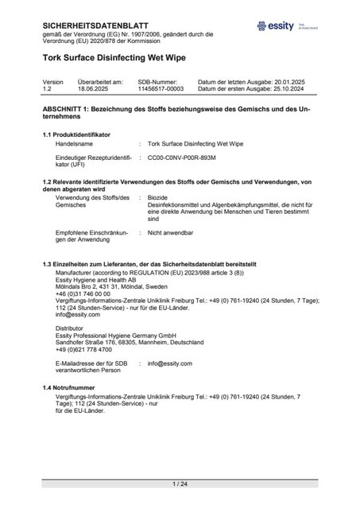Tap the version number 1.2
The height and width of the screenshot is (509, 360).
(47, 89)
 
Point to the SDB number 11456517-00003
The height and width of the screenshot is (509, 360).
(161, 89)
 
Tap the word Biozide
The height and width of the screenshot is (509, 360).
(158, 197)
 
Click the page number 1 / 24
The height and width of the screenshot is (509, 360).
(180, 484)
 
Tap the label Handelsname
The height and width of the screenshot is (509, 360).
(76, 145)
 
